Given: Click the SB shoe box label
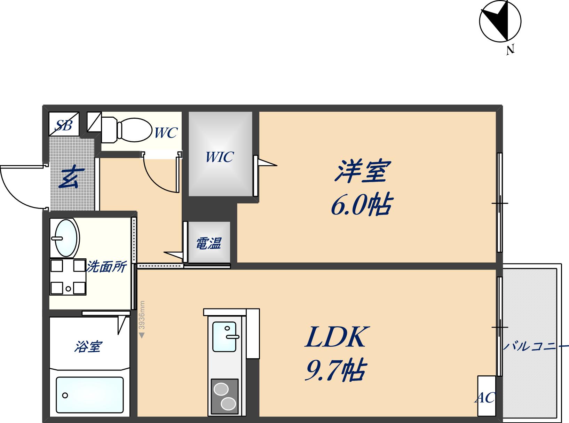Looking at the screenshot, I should tap(64, 125).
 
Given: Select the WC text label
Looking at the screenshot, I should tap(166, 133).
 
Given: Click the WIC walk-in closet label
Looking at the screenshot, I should tap(220, 157).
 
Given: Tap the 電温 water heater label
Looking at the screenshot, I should tap(208, 243).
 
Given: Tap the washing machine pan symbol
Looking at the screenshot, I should tap(68, 277).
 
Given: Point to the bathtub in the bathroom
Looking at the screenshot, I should tap(89, 395).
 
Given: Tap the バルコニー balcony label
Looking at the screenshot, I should tap(536, 347).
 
